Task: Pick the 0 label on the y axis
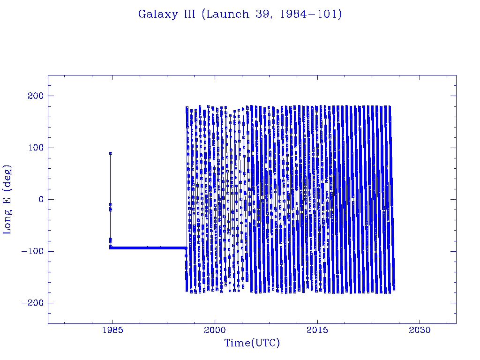point(40,200)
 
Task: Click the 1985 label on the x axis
point(112,330)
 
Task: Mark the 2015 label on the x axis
point(317,330)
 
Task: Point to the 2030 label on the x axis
point(420,330)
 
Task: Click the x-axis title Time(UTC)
point(252,343)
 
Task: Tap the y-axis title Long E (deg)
point(8,199)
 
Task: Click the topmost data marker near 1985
point(110,153)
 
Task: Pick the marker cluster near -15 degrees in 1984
point(111,207)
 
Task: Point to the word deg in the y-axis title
point(8,174)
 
